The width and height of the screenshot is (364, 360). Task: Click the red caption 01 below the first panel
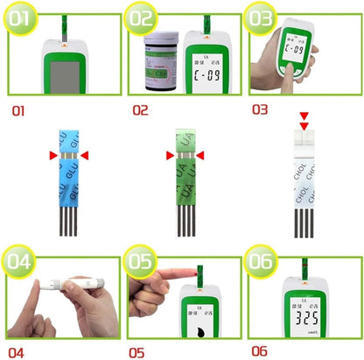[x=20, y=112]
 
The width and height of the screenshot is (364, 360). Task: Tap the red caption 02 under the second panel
[x=140, y=112]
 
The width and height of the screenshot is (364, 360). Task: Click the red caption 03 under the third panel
[x=260, y=110]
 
